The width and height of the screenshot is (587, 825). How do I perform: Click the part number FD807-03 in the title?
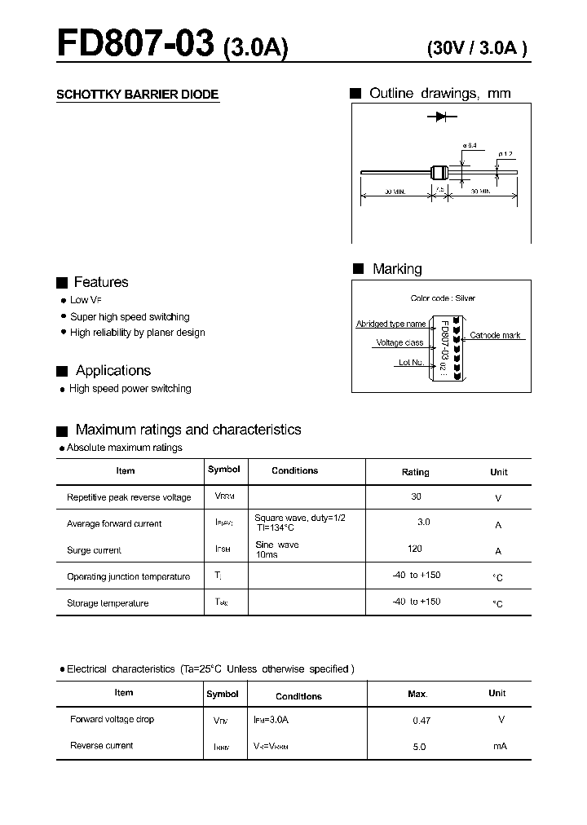click(x=135, y=44)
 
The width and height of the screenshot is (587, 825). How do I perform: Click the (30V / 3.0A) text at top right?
click(x=477, y=48)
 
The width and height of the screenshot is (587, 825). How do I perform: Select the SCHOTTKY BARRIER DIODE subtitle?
click(x=137, y=95)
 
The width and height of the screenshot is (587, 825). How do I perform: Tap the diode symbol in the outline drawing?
click(x=441, y=117)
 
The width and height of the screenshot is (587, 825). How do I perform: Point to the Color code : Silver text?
click(x=443, y=298)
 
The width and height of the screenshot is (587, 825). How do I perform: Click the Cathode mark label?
click(x=495, y=335)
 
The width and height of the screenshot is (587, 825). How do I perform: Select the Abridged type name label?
click(x=391, y=324)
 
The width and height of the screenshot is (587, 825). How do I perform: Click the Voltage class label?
click(x=399, y=343)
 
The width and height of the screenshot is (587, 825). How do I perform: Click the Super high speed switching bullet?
click(x=130, y=316)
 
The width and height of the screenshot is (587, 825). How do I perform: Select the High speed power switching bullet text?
click(x=130, y=389)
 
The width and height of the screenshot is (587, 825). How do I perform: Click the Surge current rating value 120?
click(x=415, y=549)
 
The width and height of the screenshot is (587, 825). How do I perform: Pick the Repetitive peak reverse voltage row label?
click(x=129, y=497)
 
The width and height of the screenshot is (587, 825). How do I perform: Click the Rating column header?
click(x=415, y=472)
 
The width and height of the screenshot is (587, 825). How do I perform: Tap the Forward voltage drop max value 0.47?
click(x=421, y=720)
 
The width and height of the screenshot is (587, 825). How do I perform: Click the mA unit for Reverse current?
click(x=500, y=746)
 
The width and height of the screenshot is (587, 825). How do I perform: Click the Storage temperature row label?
click(x=108, y=603)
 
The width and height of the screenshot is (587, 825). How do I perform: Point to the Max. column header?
click(x=417, y=694)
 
